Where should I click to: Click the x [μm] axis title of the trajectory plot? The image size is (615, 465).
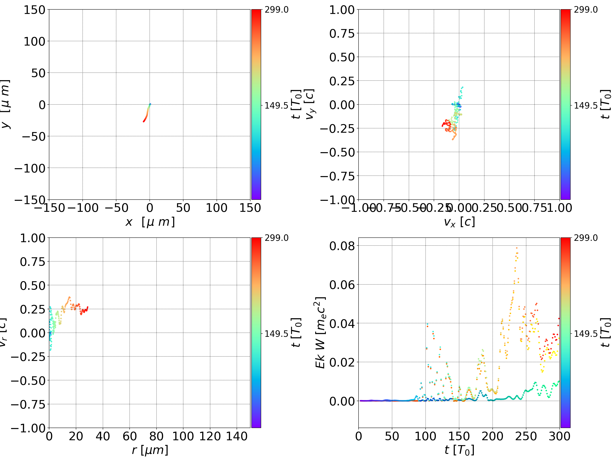tap(150, 222)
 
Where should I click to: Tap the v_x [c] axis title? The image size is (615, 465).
tap(459, 222)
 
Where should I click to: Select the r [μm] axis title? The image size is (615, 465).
tap(150, 450)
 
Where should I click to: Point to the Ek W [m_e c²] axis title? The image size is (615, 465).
tap(320, 333)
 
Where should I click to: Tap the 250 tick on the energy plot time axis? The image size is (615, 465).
tap(526, 436)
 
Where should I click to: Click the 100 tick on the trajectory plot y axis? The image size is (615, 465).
tap(34, 41)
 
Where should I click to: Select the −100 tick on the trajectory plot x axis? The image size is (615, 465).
tap(83, 208)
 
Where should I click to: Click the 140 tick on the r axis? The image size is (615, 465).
tap(237, 436)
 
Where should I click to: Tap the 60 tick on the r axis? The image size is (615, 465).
tap(130, 436)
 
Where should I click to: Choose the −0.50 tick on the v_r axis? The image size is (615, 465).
tap(28, 381)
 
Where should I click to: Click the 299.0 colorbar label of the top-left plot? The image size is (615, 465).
tap(276, 10)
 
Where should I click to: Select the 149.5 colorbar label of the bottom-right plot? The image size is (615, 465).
tap(586, 333)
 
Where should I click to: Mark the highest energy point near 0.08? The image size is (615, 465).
tap(517, 248)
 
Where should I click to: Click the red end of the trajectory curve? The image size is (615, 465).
tap(143, 122)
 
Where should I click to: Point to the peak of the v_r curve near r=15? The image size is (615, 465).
tap(69, 297)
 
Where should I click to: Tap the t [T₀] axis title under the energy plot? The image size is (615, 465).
tap(459, 450)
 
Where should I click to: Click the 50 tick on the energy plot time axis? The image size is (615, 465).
tap(392, 436)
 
